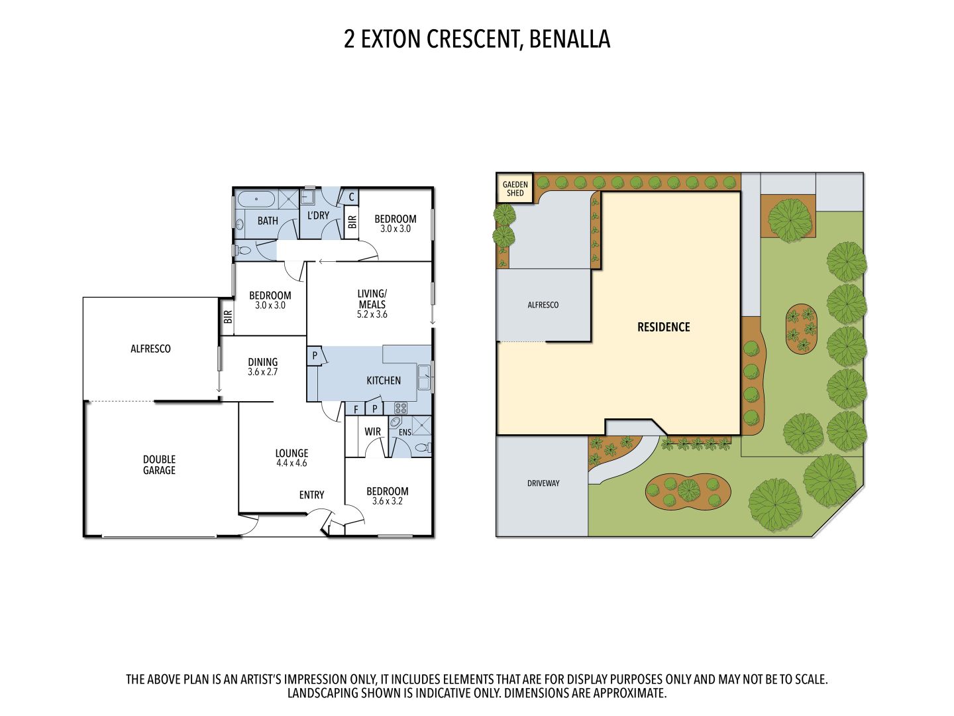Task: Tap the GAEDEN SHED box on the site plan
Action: (515, 189)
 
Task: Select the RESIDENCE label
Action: (663, 327)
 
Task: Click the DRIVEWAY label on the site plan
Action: (543, 483)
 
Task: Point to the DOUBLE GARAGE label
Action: (159, 465)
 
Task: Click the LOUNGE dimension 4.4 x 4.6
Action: (291, 463)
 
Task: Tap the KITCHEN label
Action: (384, 381)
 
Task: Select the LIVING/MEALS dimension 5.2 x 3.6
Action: (372, 314)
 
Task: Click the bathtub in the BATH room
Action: (256, 198)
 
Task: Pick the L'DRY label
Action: (318, 215)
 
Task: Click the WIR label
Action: (373, 432)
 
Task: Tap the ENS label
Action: (404, 432)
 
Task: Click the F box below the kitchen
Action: (356, 409)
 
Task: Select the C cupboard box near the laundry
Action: (351, 197)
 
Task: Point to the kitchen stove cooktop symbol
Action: (401, 408)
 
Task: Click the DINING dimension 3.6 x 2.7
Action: (262, 372)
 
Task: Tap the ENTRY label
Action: (311, 495)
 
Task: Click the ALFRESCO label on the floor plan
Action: (150, 349)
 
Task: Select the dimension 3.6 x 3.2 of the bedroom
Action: (387, 501)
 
